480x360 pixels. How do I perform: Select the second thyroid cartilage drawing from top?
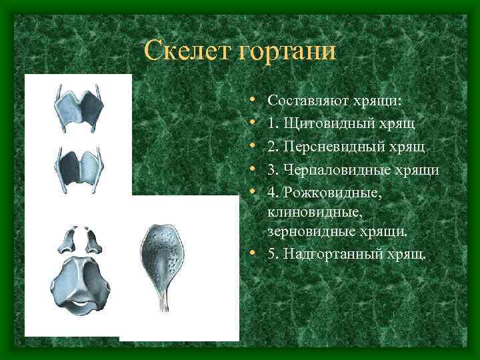(79, 163)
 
